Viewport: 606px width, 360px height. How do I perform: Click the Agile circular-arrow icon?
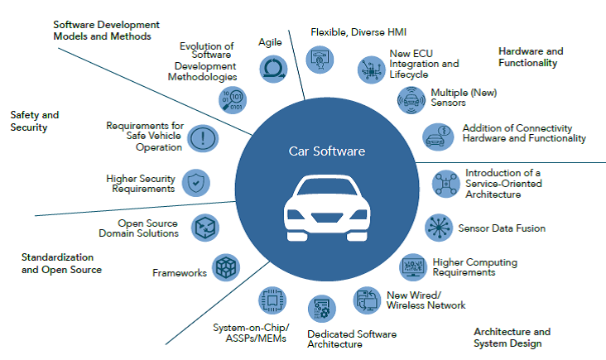click(x=273, y=70)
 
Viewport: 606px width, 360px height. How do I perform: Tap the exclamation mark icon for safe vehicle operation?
click(x=203, y=138)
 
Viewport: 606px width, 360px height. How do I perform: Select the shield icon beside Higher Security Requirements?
click(x=196, y=183)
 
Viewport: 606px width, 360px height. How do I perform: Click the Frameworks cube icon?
click(x=226, y=267)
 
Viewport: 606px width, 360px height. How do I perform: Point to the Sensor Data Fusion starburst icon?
click(x=439, y=228)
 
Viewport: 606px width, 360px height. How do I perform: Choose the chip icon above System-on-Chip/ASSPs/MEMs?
click(x=272, y=300)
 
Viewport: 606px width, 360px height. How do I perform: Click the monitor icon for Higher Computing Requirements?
click(x=413, y=267)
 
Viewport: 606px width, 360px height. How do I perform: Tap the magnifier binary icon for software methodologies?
click(x=233, y=99)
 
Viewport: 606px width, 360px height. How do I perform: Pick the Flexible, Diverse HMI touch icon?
click(x=320, y=60)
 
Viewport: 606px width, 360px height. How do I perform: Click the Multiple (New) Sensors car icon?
click(x=411, y=100)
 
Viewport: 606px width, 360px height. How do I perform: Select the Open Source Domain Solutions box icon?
click(x=205, y=228)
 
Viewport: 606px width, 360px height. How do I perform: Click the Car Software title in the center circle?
click(x=327, y=151)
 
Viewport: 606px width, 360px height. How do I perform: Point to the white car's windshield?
click(x=327, y=187)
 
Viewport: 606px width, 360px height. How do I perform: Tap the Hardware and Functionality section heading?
click(x=531, y=57)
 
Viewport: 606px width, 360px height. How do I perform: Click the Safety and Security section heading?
click(x=35, y=121)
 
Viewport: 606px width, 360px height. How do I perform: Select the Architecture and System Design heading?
click(x=512, y=337)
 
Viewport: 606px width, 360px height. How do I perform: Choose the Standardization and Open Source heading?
click(x=61, y=263)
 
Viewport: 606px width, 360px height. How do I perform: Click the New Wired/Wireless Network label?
click(x=426, y=300)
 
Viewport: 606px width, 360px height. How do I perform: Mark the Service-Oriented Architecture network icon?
click(x=446, y=184)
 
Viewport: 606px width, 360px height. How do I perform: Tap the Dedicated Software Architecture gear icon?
click(x=322, y=309)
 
